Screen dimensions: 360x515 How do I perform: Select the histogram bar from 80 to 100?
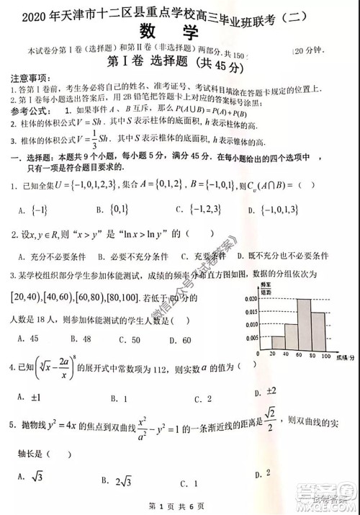319,333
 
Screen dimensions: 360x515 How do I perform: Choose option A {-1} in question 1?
30,210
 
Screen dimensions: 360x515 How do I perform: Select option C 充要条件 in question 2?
202,256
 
